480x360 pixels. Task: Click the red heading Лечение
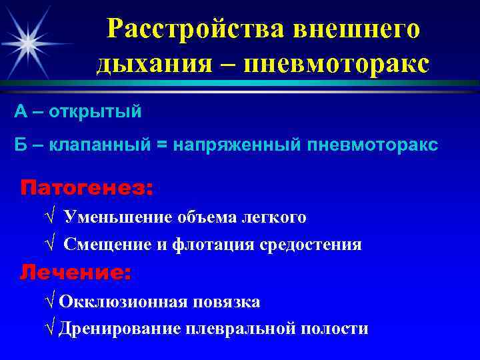click(75, 272)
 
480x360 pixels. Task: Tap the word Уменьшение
click(119, 217)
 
